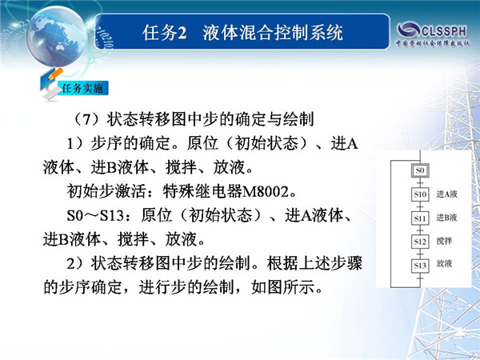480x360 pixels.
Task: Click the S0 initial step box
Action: point(420,170)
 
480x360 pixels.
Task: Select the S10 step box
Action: point(420,194)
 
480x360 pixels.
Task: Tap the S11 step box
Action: point(420,218)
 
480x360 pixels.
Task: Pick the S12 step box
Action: point(420,242)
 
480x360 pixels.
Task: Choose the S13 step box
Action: point(420,265)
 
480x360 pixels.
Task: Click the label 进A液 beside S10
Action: point(446,194)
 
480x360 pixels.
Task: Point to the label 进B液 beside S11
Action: point(446,218)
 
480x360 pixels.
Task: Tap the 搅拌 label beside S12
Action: point(444,241)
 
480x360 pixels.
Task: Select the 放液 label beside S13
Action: point(444,263)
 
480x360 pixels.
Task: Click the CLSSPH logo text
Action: point(443,31)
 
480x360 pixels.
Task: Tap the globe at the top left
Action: point(57,36)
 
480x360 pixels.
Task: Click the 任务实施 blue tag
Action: point(82,89)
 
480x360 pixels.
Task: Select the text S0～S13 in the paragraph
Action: point(95,215)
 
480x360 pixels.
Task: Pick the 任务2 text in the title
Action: point(164,33)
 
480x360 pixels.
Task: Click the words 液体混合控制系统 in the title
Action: point(273,33)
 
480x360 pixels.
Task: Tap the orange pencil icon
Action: point(55,74)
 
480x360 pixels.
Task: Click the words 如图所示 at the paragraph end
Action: point(283,287)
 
